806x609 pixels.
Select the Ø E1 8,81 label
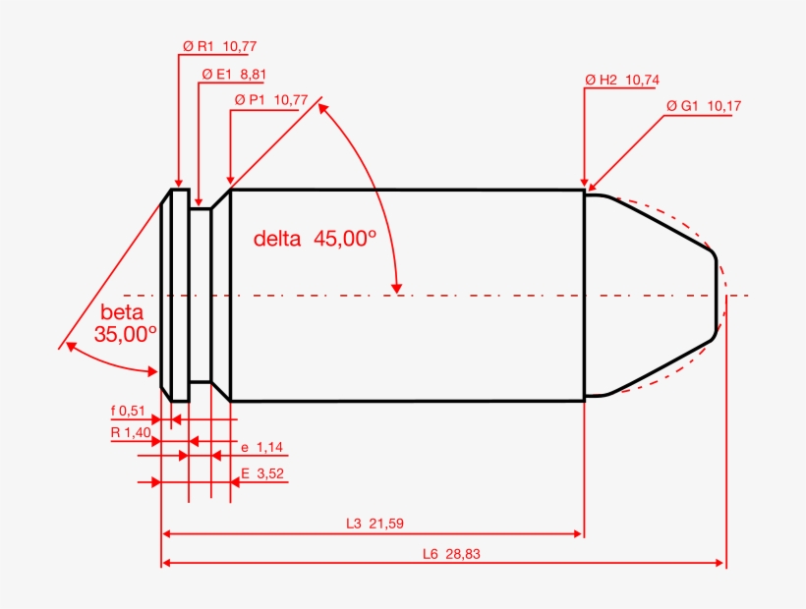234,74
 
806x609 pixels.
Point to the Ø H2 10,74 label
621,80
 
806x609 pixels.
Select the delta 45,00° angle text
315,238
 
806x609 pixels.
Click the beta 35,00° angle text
125,323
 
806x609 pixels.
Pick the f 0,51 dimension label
128,411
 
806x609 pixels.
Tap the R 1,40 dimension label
130,432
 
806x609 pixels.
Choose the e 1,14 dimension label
261,448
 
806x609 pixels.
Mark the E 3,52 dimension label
262,474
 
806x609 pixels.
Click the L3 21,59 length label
374,524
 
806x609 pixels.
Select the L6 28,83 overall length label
451,554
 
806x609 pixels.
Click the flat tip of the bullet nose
718,295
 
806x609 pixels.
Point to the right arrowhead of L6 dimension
720,563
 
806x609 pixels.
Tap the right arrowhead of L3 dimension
578,533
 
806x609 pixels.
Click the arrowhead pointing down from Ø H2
585,181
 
